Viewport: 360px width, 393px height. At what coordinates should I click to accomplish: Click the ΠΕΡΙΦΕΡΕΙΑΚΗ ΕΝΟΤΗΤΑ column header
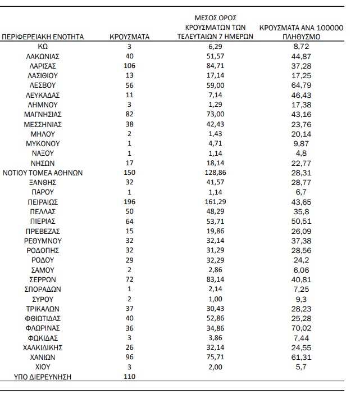[x=43, y=37]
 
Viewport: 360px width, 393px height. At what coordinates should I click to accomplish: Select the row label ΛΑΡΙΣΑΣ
[x=43, y=66]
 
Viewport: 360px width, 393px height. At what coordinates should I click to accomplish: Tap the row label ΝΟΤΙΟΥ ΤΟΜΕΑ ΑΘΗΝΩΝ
[x=43, y=173]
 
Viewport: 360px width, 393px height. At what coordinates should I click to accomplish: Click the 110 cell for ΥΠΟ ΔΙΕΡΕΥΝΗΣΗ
[x=129, y=376]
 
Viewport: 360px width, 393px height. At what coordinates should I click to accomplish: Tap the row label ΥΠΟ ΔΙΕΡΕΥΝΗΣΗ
[x=43, y=376]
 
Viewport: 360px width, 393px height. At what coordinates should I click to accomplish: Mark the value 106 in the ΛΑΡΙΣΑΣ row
[x=129, y=66]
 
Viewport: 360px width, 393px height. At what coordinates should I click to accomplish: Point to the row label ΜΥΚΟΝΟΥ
[x=43, y=144]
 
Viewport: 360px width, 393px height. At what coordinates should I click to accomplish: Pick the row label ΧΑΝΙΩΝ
[x=43, y=357]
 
